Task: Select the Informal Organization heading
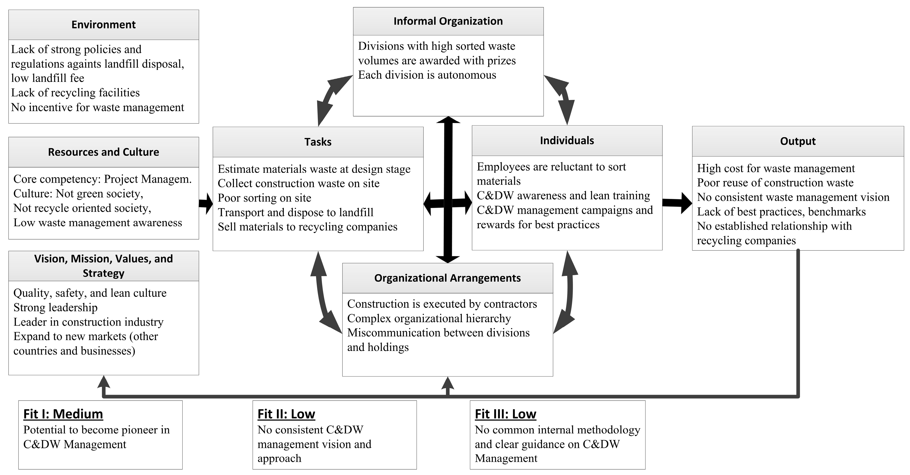(448, 21)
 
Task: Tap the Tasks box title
(318, 142)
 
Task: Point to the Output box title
(798, 141)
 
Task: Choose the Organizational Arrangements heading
(447, 278)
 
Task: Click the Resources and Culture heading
(103, 152)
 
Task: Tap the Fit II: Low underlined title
(286, 414)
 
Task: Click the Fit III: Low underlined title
(505, 414)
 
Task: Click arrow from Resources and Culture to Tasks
(206, 203)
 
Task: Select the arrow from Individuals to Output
(677, 203)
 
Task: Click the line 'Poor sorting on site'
(264, 198)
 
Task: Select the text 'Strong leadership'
(55, 308)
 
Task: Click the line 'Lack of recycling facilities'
(75, 93)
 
